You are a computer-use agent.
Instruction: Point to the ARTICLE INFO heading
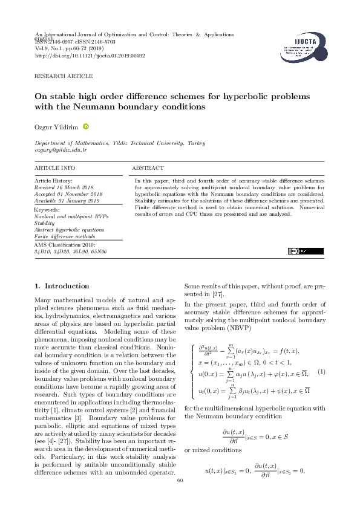pyautogui.click(x=55, y=167)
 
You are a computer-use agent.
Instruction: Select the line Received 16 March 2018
pyautogui.click(x=62, y=187)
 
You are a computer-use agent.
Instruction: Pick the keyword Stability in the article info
pyautogui.click(x=44, y=223)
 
